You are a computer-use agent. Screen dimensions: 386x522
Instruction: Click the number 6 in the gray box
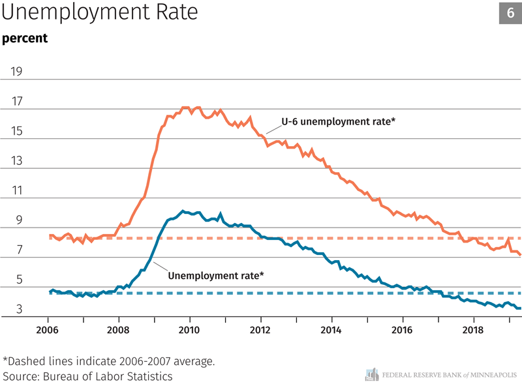[x=510, y=13]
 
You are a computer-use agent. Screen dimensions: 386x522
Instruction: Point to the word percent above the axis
[x=25, y=38]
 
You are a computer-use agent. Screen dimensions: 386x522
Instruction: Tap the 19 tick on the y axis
[x=14, y=71]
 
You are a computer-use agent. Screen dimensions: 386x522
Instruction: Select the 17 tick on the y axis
[x=14, y=101]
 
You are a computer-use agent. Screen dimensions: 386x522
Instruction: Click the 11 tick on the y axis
[x=14, y=191]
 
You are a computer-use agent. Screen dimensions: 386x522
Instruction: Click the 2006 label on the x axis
[x=48, y=329]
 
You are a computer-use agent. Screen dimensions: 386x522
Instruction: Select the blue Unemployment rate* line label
[x=216, y=276]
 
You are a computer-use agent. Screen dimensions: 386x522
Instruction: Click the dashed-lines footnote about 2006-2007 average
[x=109, y=361]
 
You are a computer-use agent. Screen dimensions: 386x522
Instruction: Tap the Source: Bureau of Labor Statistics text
[x=88, y=376]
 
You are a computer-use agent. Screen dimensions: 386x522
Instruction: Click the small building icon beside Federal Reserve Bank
[x=372, y=374]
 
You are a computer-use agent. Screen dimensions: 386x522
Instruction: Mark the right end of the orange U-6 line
[x=519, y=255]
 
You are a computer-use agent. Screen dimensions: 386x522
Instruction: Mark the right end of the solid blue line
[x=519, y=308]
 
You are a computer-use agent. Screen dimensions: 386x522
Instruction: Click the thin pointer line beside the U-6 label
[x=272, y=126]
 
